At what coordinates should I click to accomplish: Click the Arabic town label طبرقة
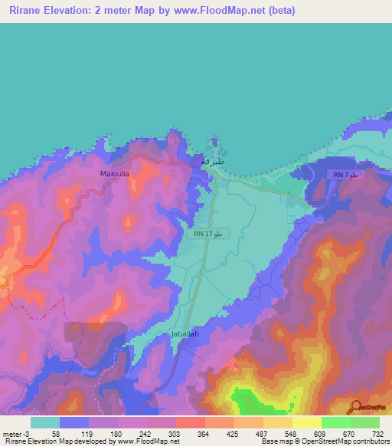coord(214,162)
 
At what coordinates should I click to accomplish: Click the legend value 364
coord(204,434)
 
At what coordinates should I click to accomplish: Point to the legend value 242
coord(145,434)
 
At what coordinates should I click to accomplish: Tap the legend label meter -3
coord(15,434)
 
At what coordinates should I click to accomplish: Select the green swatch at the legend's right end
coord(365,422)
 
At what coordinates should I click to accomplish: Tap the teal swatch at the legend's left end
coord(45,422)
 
